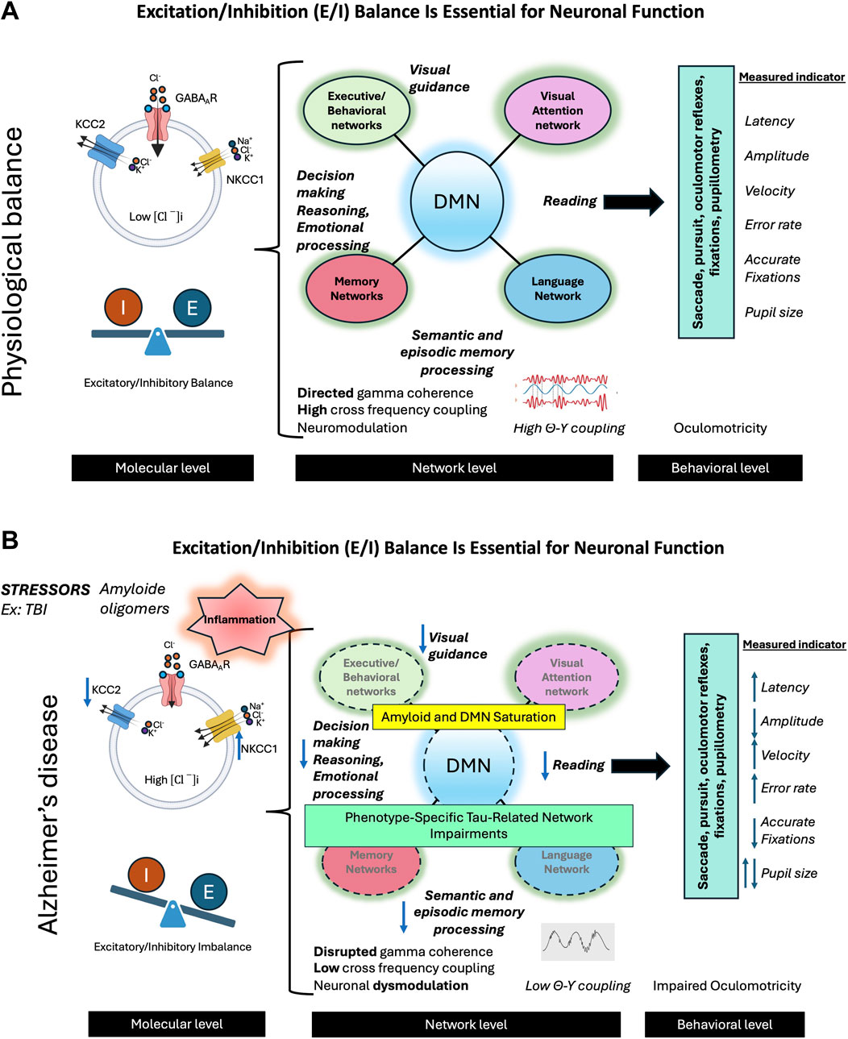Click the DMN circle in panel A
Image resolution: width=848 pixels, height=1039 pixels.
tap(457, 202)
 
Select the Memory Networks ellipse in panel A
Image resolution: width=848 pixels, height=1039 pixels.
tap(356, 289)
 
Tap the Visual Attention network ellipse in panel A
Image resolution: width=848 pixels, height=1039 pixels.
tap(557, 110)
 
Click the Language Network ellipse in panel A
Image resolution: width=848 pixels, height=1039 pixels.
tap(557, 289)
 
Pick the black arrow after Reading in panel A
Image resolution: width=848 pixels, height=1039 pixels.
tap(633, 202)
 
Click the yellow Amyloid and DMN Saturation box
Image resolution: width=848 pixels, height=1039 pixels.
tap(468, 717)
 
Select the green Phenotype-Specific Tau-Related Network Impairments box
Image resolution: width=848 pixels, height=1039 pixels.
tap(468, 825)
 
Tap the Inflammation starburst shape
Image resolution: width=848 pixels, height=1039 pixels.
tap(239, 619)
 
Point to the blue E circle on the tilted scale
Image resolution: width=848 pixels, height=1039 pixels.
tap(209, 892)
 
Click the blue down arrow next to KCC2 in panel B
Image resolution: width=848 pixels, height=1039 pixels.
tap(87, 692)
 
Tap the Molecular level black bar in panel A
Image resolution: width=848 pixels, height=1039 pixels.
tap(162, 468)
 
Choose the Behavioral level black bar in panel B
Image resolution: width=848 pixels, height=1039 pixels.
tap(724, 1024)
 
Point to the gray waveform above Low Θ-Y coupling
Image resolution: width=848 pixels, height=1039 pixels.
tap(578, 941)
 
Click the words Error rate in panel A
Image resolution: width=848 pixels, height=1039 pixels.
tap(773, 225)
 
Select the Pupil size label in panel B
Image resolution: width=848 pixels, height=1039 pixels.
tap(788, 873)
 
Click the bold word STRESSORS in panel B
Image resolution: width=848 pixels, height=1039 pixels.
tap(45, 590)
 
